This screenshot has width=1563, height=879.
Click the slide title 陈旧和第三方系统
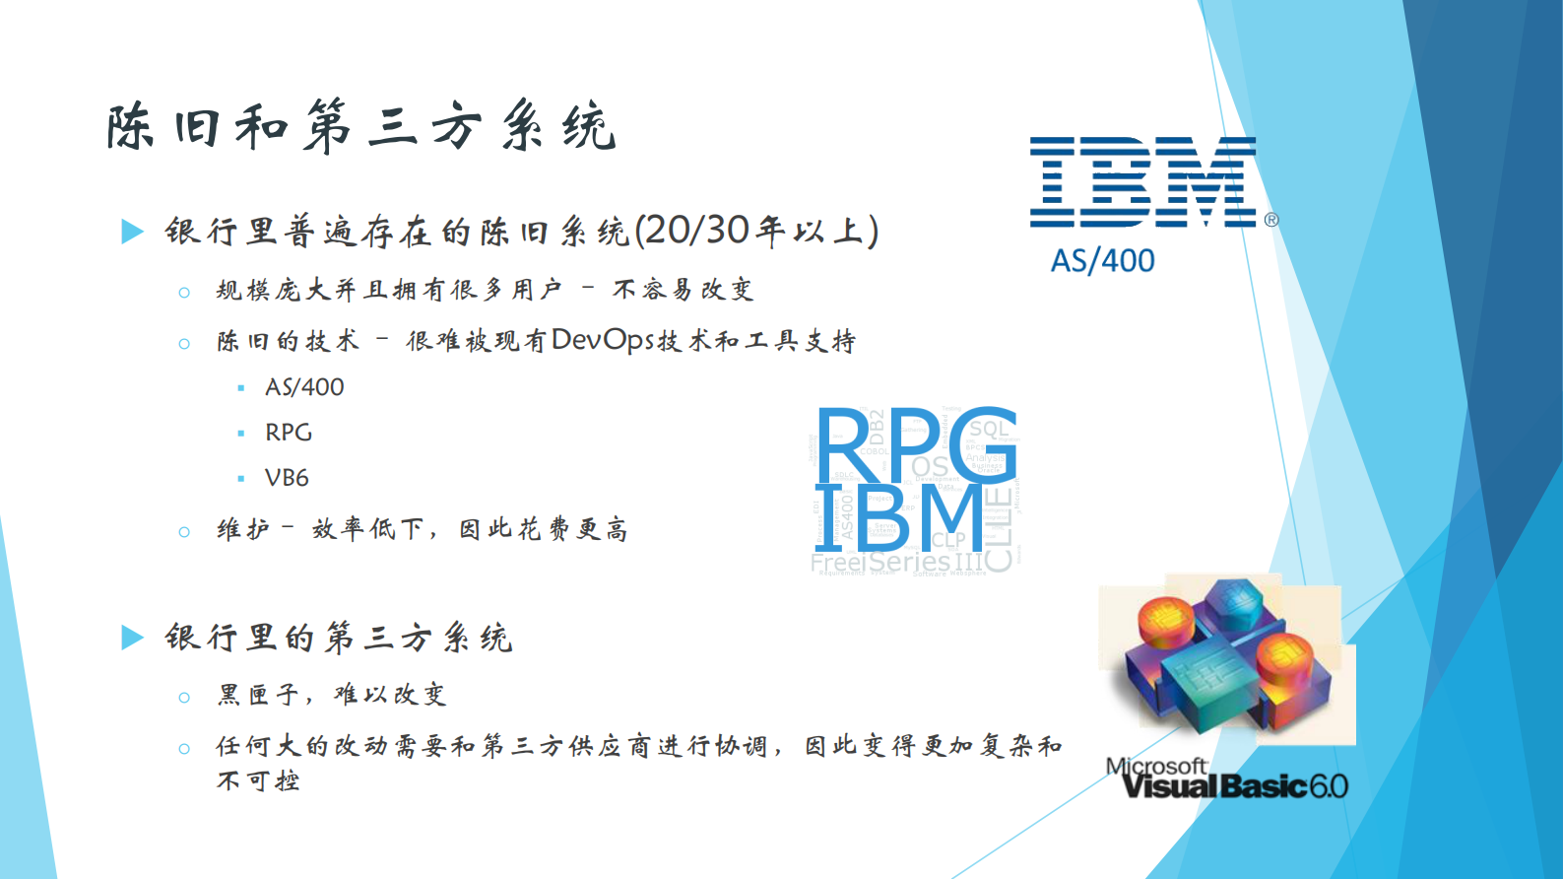pyautogui.click(x=360, y=127)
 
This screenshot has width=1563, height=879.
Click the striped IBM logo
pyautogui.click(x=1142, y=182)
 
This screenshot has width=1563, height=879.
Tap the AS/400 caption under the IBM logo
pyautogui.click(x=1102, y=260)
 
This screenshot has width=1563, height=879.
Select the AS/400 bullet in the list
pyautogui.click(x=304, y=387)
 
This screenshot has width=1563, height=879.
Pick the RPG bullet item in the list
pyautogui.click(x=289, y=433)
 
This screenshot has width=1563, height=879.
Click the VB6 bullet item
pyautogui.click(x=287, y=478)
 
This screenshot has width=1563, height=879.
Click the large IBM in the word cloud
pyautogui.click(x=898, y=518)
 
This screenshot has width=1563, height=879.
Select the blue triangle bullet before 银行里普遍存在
pyautogui.click(x=132, y=232)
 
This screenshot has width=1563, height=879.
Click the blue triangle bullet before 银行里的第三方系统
pyautogui.click(x=132, y=638)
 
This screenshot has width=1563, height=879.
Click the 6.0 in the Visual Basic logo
pyautogui.click(x=1329, y=786)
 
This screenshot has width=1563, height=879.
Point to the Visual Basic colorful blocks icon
pyautogui.click(x=1226, y=655)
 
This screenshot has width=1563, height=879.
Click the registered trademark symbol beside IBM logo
pyautogui.click(x=1271, y=220)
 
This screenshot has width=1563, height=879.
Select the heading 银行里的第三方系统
pyautogui.click(x=338, y=638)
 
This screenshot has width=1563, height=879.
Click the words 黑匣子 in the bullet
pyautogui.click(x=258, y=695)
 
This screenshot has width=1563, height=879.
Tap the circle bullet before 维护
pyautogui.click(x=184, y=532)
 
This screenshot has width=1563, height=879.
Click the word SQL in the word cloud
pyautogui.click(x=989, y=429)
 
